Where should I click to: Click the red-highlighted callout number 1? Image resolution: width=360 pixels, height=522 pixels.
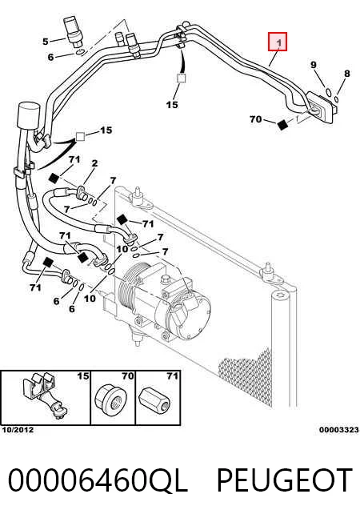click(278, 42)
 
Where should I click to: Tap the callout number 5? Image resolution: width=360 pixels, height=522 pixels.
click(46, 42)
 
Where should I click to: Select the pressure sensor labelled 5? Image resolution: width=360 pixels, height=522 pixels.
click(73, 30)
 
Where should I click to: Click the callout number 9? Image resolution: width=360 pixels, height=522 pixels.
click(314, 65)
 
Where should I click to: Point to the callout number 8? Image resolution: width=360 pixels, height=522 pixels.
click(347, 73)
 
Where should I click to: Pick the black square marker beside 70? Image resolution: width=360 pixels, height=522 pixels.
click(282, 125)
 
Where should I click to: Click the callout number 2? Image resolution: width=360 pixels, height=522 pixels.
click(95, 163)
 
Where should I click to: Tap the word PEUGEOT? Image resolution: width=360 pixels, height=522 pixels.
click(285, 480)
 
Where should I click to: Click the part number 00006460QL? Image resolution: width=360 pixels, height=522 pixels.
click(98, 480)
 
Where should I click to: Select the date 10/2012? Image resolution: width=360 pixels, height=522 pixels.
click(18, 430)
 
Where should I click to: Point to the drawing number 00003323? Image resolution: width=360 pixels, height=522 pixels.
click(339, 430)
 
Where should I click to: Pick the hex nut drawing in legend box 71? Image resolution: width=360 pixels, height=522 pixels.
click(155, 400)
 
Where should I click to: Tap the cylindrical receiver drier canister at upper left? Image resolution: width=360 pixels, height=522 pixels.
click(29, 115)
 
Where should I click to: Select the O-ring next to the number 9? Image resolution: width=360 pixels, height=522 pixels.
click(328, 91)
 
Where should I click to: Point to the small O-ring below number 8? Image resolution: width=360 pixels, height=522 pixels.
click(336, 99)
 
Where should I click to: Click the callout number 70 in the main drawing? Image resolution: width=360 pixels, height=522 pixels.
click(255, 118)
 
